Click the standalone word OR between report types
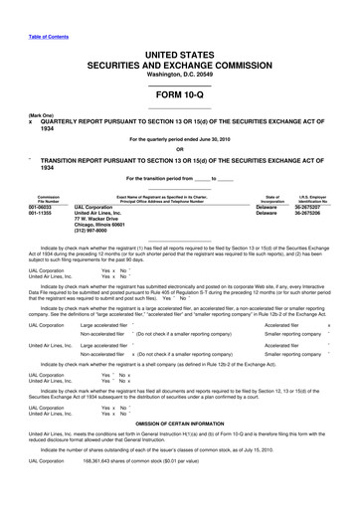click(x=179, y=161)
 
